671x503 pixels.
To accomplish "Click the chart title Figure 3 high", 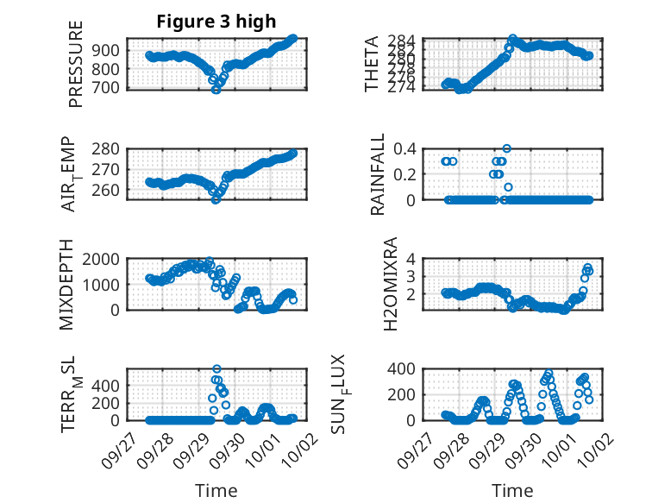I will tap(211, 22).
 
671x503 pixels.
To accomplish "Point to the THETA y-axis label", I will tap(372, 64).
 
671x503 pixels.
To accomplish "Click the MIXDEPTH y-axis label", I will tap(68, 286).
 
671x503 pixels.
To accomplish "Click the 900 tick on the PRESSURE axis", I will tap(109, 50).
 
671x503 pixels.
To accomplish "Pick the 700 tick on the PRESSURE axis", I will tap(109, 88).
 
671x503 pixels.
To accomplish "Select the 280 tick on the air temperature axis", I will tap(109, 148).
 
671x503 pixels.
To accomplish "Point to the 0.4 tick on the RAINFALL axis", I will tap(405, 148).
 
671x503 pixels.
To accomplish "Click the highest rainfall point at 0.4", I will tap(507, 148).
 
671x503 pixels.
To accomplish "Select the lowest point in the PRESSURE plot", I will tap(216, 89).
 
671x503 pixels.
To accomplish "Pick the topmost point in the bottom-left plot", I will tap(216, 369).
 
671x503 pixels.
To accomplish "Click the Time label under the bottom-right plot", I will tap(512, 491).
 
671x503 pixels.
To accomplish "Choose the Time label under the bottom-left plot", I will tap(216, 491).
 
